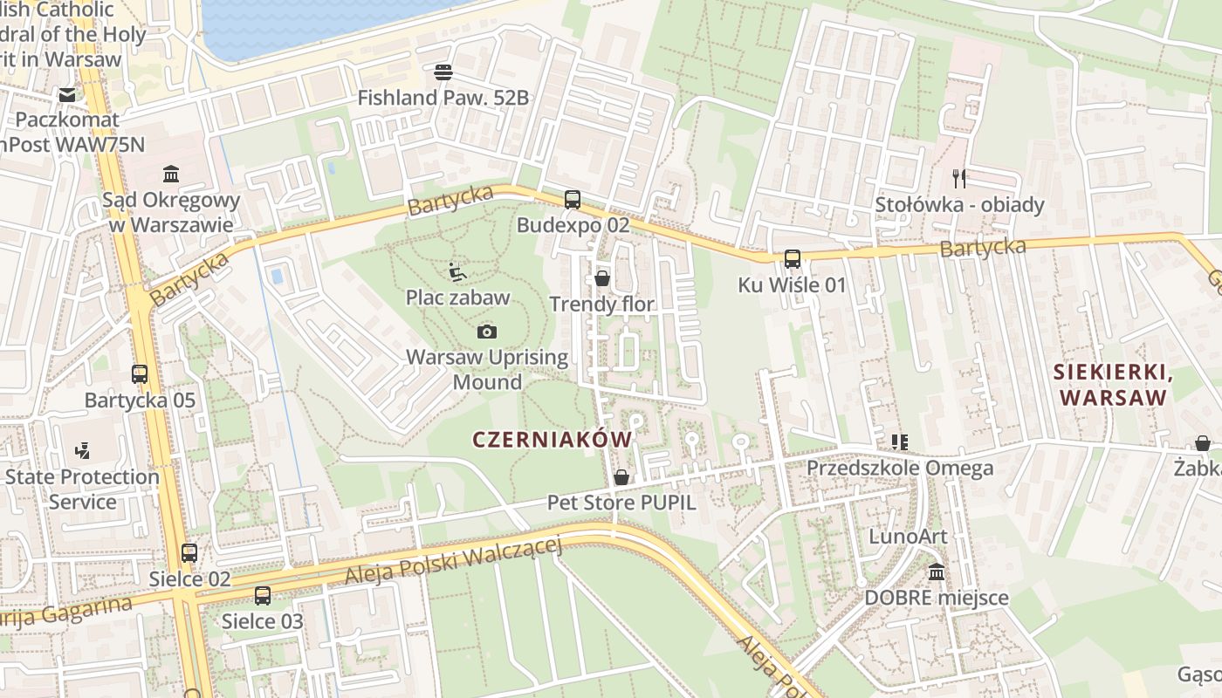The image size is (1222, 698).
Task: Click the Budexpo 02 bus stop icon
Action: (x=573, y=200)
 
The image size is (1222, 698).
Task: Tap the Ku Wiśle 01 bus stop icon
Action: (x=792, y=259)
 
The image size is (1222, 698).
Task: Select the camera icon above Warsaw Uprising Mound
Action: (x=487, y=332)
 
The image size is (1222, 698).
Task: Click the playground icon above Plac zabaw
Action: (x=457, y=271)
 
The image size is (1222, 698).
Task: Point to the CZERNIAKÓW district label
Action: (x=552, y=440)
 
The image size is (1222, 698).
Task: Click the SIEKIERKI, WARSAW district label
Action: (x=1111, y=385)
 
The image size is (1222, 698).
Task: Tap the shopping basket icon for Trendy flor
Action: (x=601, y=278)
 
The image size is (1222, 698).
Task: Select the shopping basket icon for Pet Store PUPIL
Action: (x=621, y=477)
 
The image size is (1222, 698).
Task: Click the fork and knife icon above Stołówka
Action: (x=959, y=179)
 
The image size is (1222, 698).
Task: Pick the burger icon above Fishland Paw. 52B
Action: (x=443, y=72)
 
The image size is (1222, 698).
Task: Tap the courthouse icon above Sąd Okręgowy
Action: (x=171, y=174)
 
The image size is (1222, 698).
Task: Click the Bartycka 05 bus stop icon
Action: (x=140, y=374)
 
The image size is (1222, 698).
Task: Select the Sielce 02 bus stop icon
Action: (x=189, y=553)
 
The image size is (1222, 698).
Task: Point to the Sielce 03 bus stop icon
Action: (x=262, y=596)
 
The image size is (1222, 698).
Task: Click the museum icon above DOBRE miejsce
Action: (x=937, y=572)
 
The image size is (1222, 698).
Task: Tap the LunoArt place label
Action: (x=908, y=536)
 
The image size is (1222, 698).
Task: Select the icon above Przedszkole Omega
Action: (x=899, y=442)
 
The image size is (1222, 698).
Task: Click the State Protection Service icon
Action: (x=82, y=451)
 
